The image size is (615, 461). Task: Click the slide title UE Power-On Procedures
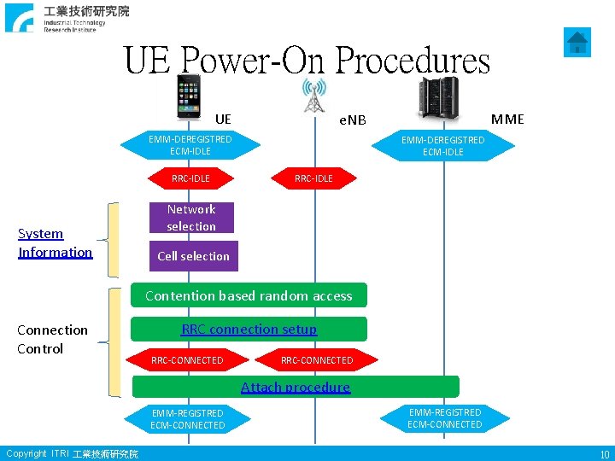pyautogui.click(x=307, y=61)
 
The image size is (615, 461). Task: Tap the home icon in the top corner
pyautogui.click(x=578, y=41)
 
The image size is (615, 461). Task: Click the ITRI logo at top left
pyautogui.click(x=68, y=18)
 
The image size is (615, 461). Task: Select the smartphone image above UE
pyautogui.click(x=188, y=96)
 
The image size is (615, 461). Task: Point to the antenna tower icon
pyautogui.click(x=314, y=95)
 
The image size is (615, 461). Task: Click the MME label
pyautogui.click(x=508, y=119)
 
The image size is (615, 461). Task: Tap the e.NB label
pyautogui.click(x=352, y=120)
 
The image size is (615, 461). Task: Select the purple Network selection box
pyautogui.click(x=191, y=218)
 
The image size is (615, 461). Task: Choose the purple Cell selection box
pyautogui.click(x=193, y=256)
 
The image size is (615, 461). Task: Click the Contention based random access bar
pyautogui.click(x=249, y=295)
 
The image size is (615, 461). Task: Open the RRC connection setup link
pyautogui.click(x=249, y=329)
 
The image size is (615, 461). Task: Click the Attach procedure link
pyautogui.click(x=296, y=387)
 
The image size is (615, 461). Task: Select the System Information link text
pyautogui.click(x=55, y=242)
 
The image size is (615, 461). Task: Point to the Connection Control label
pyautogui.click(x=52, y=339)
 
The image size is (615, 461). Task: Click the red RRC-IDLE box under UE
pyautogui.click(x=190, y=178)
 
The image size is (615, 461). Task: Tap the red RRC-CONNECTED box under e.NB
pyautogui.click(x=317, y=360)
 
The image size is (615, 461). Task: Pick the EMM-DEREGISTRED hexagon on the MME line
pyautogui.click(x=442, y=146)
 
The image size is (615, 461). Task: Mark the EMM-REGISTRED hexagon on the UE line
pyautogui.click(x=188, y=419)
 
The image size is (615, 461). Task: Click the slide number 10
pyautogui.click(x=604, y=455)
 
